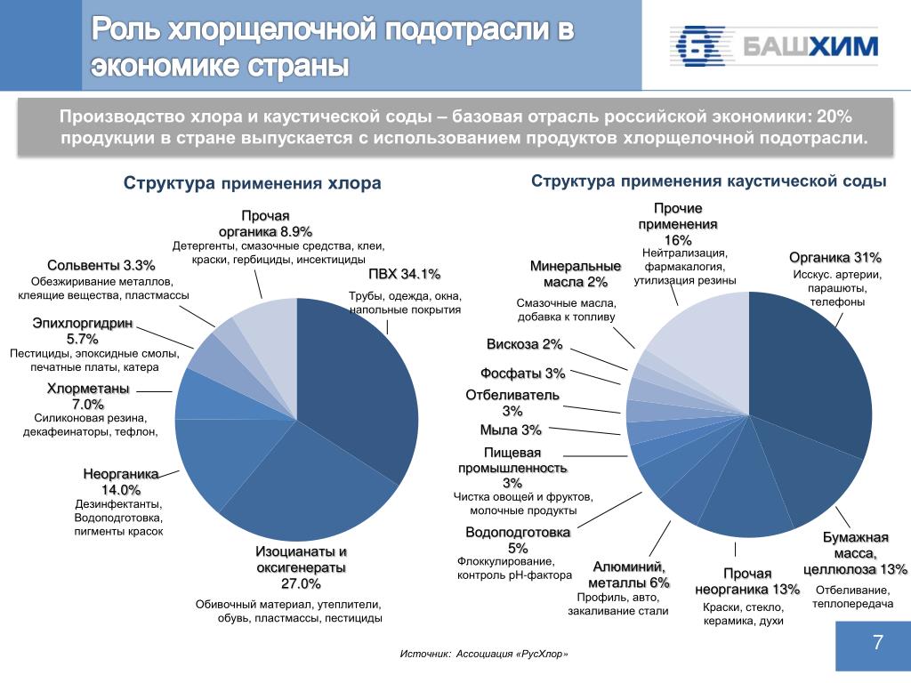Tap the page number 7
[x=877, y=643]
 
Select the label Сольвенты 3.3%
[x=101, y=265]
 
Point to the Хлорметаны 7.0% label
[x=88, y=398]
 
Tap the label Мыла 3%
[x=511, y=430]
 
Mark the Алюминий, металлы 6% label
[x=629, y=575]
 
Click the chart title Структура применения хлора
[x=252, y=183]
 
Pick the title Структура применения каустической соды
[x=709, y=181]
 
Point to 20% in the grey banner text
[x=834, y=117]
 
